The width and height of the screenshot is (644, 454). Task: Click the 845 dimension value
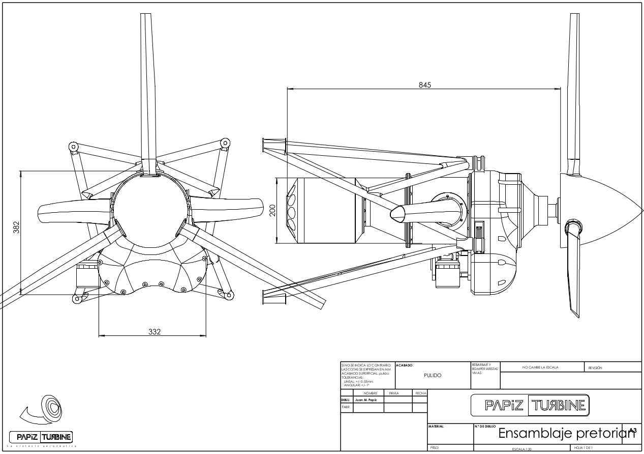click(x=424, y=85)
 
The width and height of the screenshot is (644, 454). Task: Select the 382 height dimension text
click(x=16, y=228)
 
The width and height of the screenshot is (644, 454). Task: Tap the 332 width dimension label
click(x=154, y=332)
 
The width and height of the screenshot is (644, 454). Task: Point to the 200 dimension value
click(x=272, y=210)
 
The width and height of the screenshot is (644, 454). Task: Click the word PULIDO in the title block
click(x=433, y=376)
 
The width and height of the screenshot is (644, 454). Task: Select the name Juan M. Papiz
click(x=361, y=400)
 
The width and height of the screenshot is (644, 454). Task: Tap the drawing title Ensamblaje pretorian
click(x=563, y=434)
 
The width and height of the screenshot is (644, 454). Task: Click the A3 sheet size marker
click(x=632, y=431)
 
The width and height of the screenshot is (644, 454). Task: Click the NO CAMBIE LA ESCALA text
click(x=540, y=367)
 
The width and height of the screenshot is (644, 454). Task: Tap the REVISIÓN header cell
click(x=595, y=367)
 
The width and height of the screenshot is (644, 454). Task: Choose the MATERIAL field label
click(x=437, y=426)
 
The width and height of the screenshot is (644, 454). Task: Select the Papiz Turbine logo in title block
click(x=530, y=405)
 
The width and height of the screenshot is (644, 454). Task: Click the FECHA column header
click(x=420, y=393)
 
